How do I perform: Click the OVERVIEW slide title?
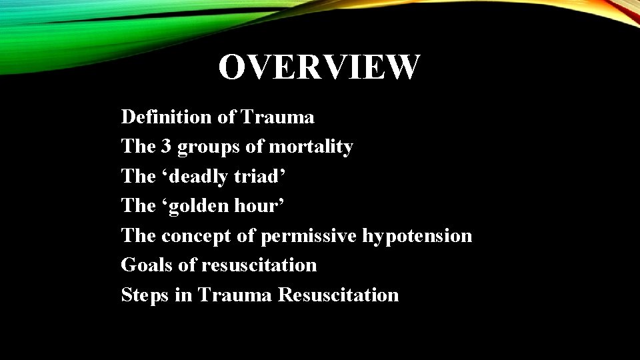point(319,67)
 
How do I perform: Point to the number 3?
point(165,147)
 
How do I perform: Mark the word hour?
point(261,206)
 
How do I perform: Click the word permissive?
point(309,236)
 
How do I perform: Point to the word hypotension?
point(417,236)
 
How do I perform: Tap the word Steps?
point(145,295)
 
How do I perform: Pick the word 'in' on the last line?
point(183,295)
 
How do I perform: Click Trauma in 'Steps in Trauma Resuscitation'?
point(235,295)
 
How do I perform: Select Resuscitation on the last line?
point(338,295)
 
